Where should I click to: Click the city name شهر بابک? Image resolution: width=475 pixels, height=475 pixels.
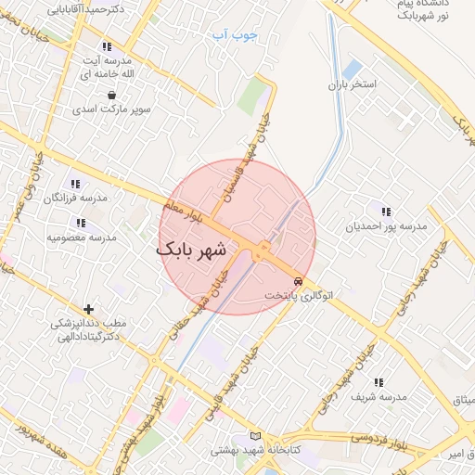pyautogui.click(x=191, y=250)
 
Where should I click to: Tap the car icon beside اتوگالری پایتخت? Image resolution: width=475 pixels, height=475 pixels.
pyautogui.click(x=297, y=280)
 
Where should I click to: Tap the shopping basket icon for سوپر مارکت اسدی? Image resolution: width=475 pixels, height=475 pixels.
pyautogui.click(x=112, y=94)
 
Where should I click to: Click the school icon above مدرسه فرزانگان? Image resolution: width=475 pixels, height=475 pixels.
pyautogui.click(x=75, y=185)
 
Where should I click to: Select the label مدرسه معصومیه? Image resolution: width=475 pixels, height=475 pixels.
pyautogui.click(x=82, y=237)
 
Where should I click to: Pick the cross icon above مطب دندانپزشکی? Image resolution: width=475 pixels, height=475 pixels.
pyautogui.click(x=88, y=308)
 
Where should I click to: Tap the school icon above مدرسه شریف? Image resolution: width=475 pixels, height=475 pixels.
pyautogui.click(x=378, y=381)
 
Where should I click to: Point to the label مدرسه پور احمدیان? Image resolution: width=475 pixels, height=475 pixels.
pyautogui.click(x=386, y=225)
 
